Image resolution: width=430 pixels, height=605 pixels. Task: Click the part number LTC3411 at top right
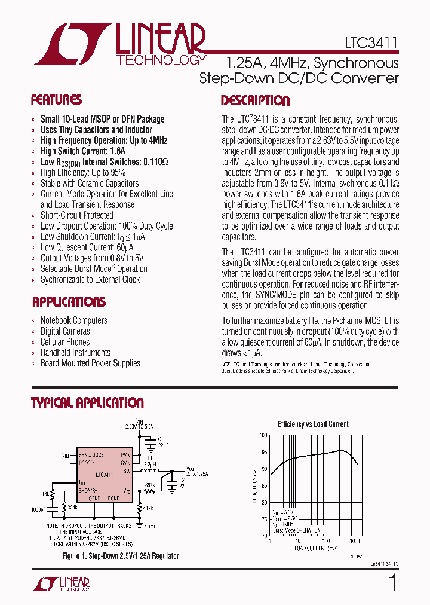point(371,44)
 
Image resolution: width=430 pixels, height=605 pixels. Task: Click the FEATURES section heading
point(56,100)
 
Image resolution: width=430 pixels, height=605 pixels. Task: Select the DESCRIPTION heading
point(255,100)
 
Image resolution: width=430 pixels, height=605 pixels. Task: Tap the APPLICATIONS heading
point(69,302)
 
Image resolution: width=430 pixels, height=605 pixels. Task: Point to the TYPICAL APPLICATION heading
point(87,403)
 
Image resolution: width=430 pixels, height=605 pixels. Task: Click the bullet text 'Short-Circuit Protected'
point(76,215)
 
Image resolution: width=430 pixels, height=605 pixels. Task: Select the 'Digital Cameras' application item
point(65,331)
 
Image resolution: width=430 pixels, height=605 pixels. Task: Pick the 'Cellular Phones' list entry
point(65,342)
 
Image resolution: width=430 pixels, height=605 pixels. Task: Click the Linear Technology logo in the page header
point(119,44)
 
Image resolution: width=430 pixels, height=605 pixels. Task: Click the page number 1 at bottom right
point(392,582)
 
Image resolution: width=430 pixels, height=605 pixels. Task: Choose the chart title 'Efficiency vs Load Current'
point(313,424)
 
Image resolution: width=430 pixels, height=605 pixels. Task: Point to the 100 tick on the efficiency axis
point(263,435)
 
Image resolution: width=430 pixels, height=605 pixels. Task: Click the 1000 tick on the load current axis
point(354,540)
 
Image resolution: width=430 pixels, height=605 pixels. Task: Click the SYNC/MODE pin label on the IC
point(91,455)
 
